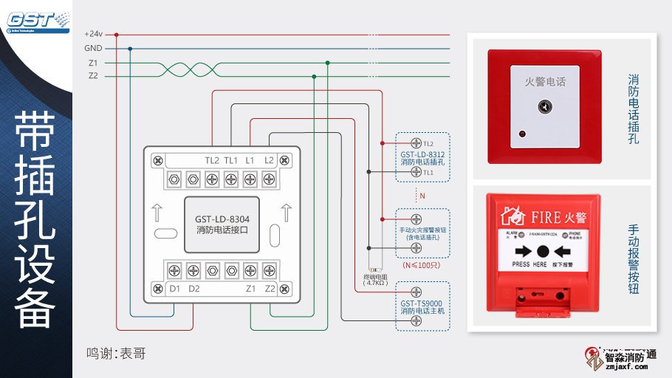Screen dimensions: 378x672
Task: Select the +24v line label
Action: pyautogui.click(x=93, y=34)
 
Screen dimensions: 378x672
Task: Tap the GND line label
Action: pyautogui.click(x=93, y=48)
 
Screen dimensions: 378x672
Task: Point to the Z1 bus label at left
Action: pyautogui.click(x=93, y=62)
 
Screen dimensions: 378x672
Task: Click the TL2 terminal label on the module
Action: pyautogui.click(x=212, y=160)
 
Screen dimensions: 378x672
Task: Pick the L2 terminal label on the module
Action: pyautogui.click(x=269, y=160)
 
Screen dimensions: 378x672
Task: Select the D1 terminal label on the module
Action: pyautogui.click(x=175, y=288)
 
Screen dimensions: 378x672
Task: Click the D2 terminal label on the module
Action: pyautogui.click(x=193, y=288)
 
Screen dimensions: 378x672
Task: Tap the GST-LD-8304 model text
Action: pyautogui.click(x=221, y=219)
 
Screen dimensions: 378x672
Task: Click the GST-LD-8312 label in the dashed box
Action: pyautogui.click(x=422, y=154)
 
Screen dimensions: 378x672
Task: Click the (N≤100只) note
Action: pyautogui.click(x=421, y=264)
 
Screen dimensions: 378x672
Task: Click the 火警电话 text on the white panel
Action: pyautogui.click(x=544, y=82)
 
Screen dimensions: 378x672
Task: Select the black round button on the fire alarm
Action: pyautogui.click(x=543, y=251)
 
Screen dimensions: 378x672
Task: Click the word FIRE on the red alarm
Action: pyautogui.click(x=547, y=217)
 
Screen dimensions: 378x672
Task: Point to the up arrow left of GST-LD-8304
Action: pyautogui.click(x=159, y=213)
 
